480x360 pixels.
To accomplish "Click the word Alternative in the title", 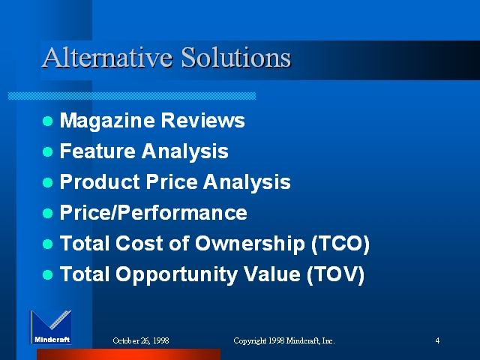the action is tap(107, 57).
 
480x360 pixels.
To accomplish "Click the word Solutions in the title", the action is tap(235, 57).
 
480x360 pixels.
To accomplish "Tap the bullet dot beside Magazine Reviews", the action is tap(48, 121).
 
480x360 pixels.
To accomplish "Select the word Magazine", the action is tap(107, 121).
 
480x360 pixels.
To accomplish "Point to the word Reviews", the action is tap(203, 120).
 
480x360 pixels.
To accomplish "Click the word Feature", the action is tap(97, 151).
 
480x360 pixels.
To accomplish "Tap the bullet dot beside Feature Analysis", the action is tap(48, 151).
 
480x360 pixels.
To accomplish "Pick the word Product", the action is tap(100, 181).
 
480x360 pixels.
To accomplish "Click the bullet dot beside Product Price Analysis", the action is tap(48, 182).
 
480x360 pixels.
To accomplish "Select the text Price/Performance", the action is tap(153, 212).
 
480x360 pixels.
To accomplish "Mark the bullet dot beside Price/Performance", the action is tap(48, 213).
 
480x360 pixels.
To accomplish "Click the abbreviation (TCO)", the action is tap(340, 244).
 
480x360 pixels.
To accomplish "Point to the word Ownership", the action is tap(250, 244).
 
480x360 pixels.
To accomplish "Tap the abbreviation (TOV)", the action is tap(335, 274).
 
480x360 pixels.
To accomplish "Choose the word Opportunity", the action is tap(177, 275).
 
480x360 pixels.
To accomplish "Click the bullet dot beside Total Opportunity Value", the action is tap(48, 274).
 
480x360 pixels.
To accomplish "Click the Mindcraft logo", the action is tap(50, 327).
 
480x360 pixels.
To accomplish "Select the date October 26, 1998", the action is tap(141, 340).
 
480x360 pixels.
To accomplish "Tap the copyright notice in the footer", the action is tap(284, 340).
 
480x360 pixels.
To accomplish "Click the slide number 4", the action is tap(437, 340).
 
